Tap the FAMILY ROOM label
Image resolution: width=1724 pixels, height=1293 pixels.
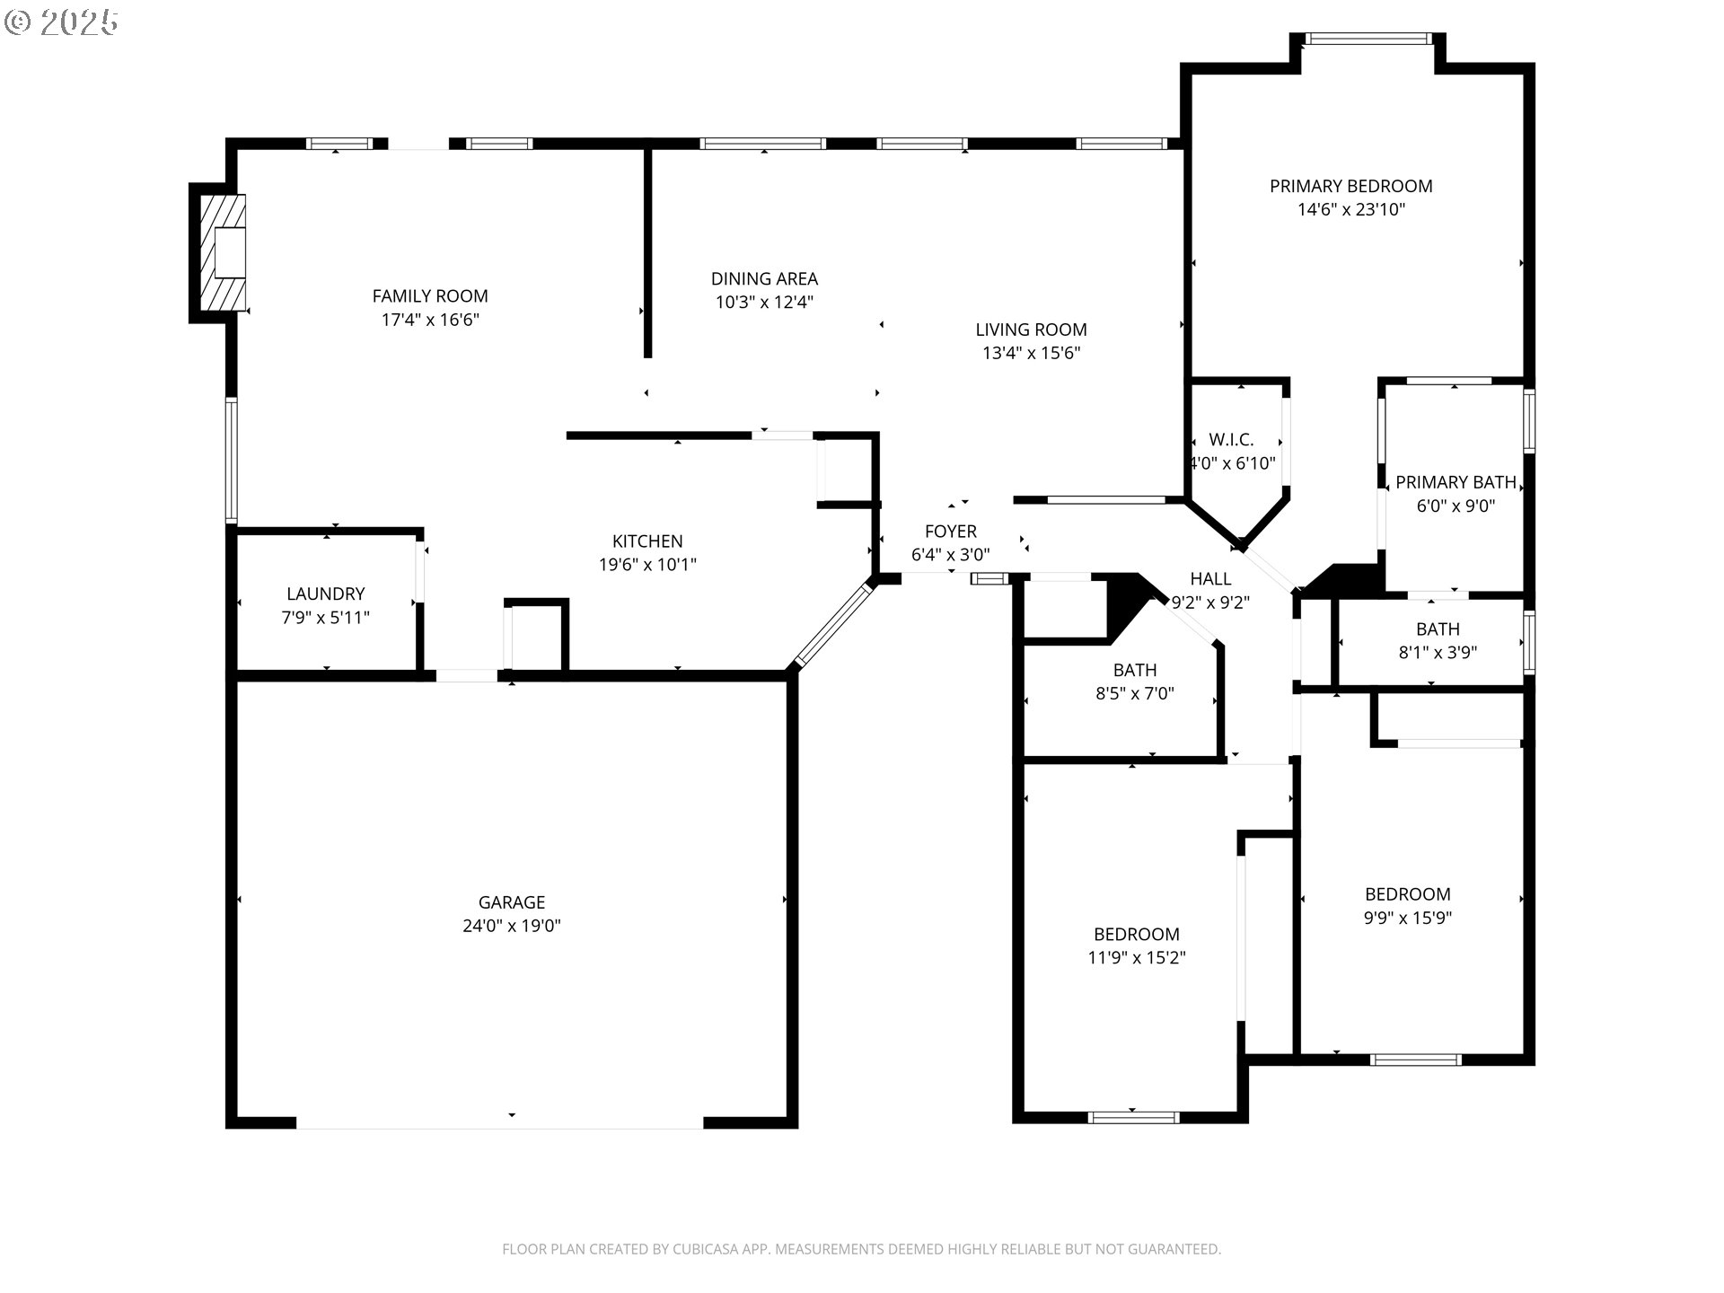point(430,296)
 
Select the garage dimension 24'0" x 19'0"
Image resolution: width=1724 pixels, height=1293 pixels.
point(512,926)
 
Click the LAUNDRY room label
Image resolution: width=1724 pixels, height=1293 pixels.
point(326,594)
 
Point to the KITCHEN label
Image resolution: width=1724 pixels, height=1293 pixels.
point(647,541)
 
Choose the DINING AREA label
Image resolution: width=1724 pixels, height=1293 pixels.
point(764,279)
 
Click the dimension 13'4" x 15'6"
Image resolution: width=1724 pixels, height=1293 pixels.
point(1031,353)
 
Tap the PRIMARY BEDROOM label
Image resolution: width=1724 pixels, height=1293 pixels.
point(1350,186)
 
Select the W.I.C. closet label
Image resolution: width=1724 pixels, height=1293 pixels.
point(1231,440)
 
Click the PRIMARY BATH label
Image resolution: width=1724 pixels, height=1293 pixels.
point(1456,482)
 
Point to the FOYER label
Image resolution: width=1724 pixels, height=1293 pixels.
point(951,532)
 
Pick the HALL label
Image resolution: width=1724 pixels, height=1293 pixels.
point(1210,579)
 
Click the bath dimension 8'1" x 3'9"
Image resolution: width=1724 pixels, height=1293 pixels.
point(1438,653)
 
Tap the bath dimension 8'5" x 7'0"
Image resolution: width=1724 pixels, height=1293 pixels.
point(1135,693)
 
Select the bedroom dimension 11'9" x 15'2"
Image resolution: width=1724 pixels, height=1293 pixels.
point(1137,958)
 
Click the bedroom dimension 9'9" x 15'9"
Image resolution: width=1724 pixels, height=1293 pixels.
point(1407,918)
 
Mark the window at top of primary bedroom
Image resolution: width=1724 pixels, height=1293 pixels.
point(1368,39)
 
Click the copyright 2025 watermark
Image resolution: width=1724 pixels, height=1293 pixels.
point(61,22)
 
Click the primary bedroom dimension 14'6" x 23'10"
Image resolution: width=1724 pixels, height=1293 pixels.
point(1350,209)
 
